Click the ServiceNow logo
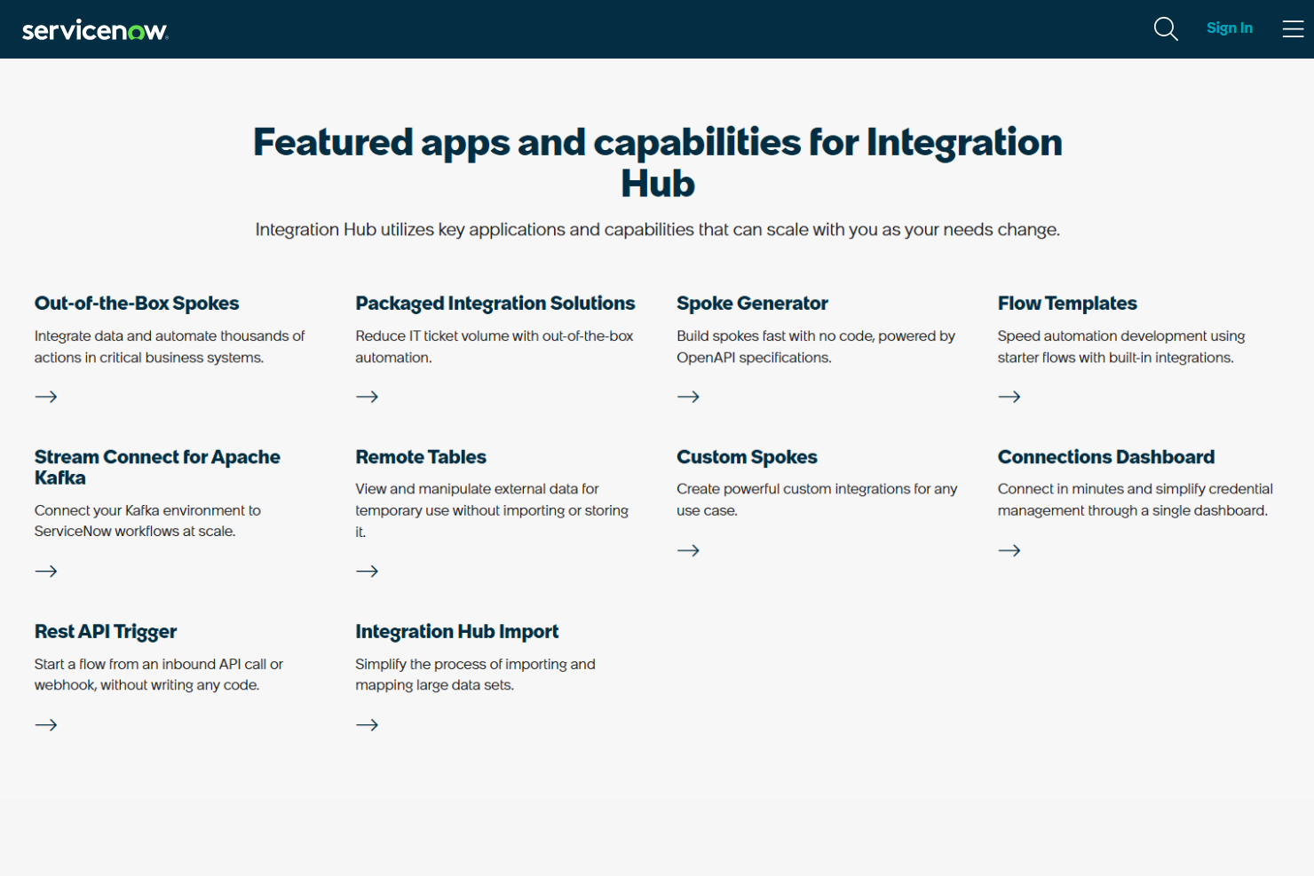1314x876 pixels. pos(95,30)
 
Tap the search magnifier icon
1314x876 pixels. pos(1165,29)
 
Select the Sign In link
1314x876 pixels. pos(1229,28)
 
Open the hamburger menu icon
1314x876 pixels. pos(1293,29)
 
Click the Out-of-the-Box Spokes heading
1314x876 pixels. pos(137,304)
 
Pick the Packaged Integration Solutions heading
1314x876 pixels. pos(495,304)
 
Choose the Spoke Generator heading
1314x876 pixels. pos(752,304)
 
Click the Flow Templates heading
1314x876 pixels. pos(1066,304)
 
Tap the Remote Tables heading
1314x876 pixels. pos(421,457)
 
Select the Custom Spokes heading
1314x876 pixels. pos(747,457)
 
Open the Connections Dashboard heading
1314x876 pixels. pos(1105,457)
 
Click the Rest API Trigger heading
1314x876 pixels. pos(106,632)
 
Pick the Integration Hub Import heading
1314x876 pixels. pos(456,632)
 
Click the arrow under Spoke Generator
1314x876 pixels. pos(688,397)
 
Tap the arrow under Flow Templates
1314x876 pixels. pos(1009,397)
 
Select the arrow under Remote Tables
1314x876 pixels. pos(367,571)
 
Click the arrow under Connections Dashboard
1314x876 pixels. pos(1009,550)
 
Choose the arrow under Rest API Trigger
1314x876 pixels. pos(46,725)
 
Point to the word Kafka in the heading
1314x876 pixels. pos(60,478)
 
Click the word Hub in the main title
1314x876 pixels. pos(657,185)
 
